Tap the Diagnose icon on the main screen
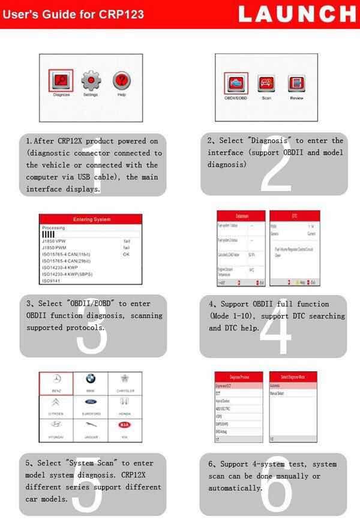(61, 81)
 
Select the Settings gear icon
(91, 81)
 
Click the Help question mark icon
(122, 81)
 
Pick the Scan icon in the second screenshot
(266, 84)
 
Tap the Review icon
(296, 84)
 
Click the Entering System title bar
(91, 220)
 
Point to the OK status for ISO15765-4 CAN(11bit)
(126, 254)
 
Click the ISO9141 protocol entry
(52, 280)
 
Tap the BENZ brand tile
(56, 383)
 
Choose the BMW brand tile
(90, 383)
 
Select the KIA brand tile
(125, 429)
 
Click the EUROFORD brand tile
(90, 405)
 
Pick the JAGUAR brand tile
(90, 429)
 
